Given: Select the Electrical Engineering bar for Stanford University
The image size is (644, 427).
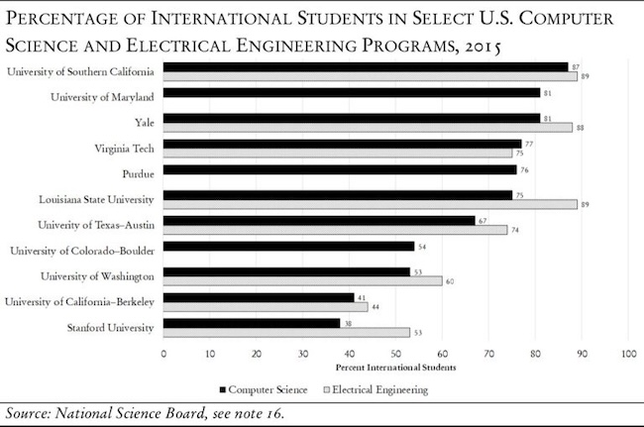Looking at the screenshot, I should [x=286, y=332].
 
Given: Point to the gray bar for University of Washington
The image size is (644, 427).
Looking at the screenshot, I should [x=303, y=280].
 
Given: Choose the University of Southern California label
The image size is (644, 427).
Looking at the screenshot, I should [x=80, y=71].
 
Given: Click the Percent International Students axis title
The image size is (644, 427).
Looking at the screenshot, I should [x=395, y=369].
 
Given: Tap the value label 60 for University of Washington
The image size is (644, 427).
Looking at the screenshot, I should [x=451, y=280].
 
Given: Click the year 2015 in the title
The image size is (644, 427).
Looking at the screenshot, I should [x=474, y=46].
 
